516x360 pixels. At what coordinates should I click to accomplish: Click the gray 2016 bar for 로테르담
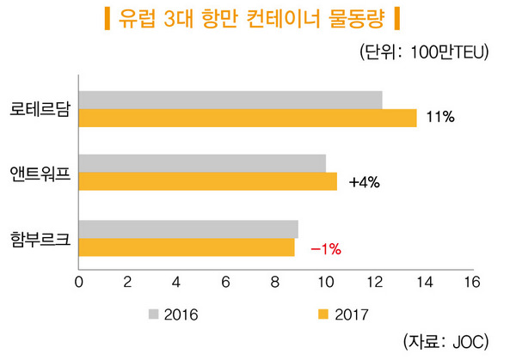(230, 100)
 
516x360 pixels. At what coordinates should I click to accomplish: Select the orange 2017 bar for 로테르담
(248, 118)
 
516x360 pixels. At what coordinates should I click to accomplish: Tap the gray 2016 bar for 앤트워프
(202, 163)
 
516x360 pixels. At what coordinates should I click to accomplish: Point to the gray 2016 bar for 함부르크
(188, 229)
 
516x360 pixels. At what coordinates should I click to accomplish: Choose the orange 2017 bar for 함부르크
(187, 247)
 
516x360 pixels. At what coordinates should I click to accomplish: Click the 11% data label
(439, 118)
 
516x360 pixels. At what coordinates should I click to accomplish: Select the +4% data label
(365, 182)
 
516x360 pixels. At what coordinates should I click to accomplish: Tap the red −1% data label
(326, 248)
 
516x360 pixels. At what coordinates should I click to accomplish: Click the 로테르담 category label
(40, 109)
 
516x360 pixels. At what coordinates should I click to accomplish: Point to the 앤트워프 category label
(40, 174)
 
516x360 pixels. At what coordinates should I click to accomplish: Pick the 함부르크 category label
(40, 238)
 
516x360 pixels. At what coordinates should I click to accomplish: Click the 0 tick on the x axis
(79, 283)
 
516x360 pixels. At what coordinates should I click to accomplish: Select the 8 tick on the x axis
(275, 283)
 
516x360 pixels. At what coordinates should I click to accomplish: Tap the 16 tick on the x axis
(470, 283)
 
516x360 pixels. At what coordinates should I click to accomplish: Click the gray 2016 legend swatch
(154, 314)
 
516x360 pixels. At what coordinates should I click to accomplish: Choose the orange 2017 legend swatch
(323, 314)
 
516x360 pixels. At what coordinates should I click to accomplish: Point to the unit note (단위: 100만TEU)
(425, 52)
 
